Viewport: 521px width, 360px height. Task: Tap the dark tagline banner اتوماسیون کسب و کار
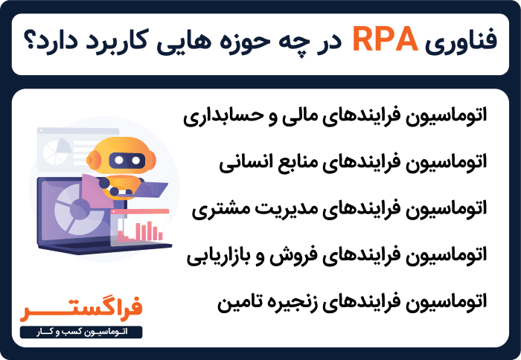pyautogui.click(x=82, y=330)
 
